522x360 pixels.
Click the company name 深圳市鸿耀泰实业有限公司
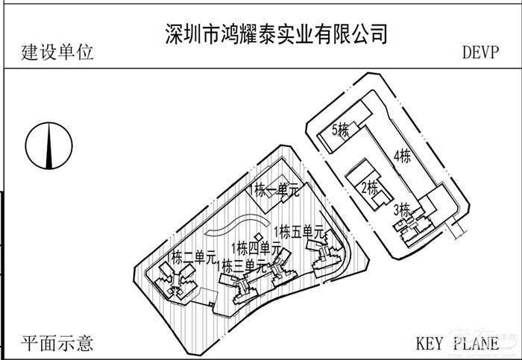pyautogui.click(x=277, y=34)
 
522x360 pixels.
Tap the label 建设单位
pyautogui.click(x=58, y=53)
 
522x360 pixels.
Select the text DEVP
pyautogui.click(x=483, y=53)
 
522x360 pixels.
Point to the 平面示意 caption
pyautogui.click(x=58, y=344)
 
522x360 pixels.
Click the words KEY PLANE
pyautogui.click(x=457, y=344)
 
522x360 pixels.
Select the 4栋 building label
pyautogui.click(x=402, y=157)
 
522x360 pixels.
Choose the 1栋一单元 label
pyautogui.click(x=276, y=190)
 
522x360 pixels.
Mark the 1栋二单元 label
pyautogui.click(x=192, y=259)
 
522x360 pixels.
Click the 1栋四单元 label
pyautogui.click(x=256, y=247)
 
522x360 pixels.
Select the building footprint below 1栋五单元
pyautogui.click(x=326, y=257)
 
